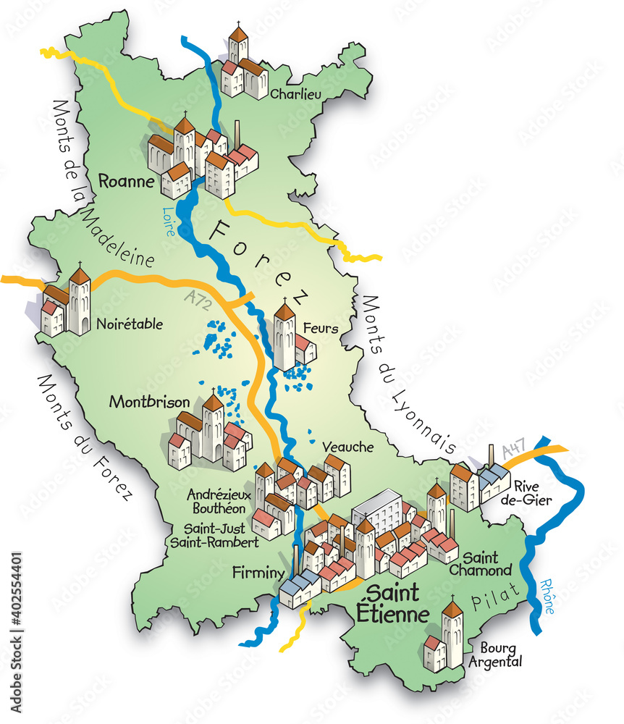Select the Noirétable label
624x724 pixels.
tap(130, 324)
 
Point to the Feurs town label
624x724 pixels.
tap(321, 329)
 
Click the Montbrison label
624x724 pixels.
tap(150, 402)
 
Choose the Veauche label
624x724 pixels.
tap(348, 447)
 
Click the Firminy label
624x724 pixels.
tap(258, 573)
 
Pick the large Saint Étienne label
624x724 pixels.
tap(393, 604)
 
